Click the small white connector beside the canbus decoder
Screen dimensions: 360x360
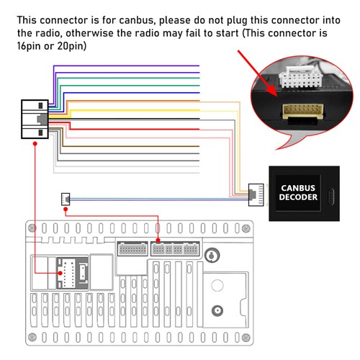click(x=255, y=192)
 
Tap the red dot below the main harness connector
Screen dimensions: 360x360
click(x=35, y=143)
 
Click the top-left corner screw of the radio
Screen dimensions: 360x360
click(x=32, y=228)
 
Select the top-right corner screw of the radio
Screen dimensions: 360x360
click(x=247, y=228)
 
